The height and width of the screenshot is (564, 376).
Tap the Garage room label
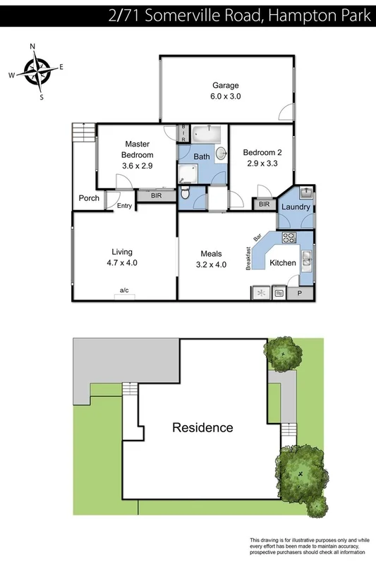tap(225, 85)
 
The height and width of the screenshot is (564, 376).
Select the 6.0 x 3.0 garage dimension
tap(225, 97)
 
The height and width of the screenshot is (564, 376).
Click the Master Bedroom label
tap(137, 149)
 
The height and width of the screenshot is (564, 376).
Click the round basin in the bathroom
tap(221, 152)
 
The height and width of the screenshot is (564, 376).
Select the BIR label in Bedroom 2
tap(264, 204)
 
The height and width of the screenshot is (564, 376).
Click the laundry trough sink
tap(306, 192)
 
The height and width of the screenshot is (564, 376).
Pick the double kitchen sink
tap(307, 261)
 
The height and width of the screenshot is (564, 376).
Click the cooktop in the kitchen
tap(261, 292)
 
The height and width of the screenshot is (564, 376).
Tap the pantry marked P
tap(299, 293)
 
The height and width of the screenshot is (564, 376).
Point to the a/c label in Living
tap(124, 290)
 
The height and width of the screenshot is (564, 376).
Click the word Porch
tap(89, 198)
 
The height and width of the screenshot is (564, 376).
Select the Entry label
tap(124, 206)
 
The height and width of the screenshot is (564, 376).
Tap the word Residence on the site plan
tap(203, 427)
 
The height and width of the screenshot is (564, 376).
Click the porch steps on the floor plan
tap(83, 132)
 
